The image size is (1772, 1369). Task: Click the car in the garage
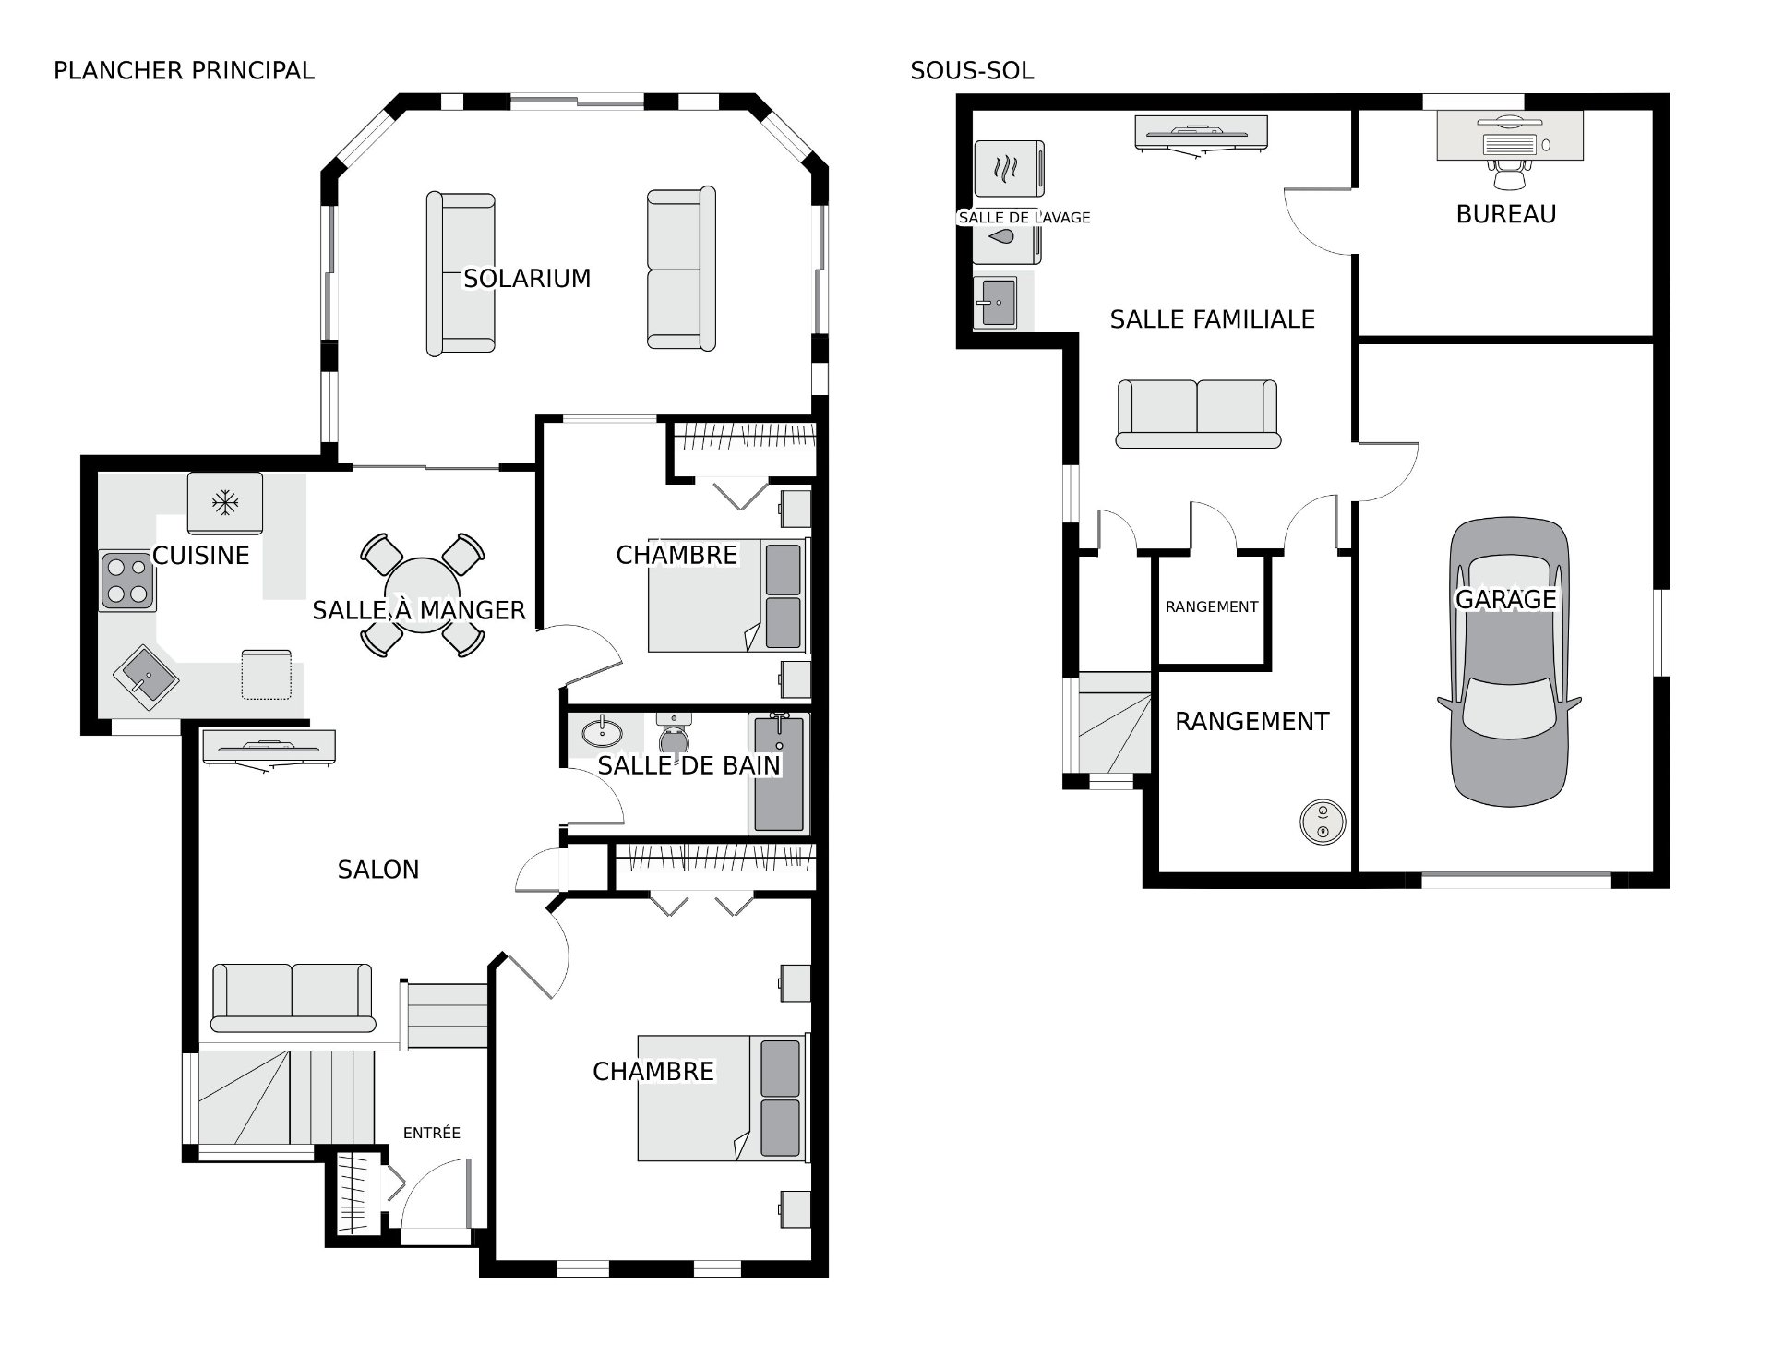[x=1509, y=661]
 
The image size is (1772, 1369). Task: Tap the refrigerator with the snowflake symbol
[x=225, y=503]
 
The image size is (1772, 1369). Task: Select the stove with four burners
[x=127, y=580]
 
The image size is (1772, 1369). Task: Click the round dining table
[x=422, y=595]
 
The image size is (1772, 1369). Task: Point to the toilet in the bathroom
[x=674, y=733]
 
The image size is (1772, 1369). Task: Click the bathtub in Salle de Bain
[x=780, y=774]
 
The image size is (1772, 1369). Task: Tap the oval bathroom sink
[x=603, y=732]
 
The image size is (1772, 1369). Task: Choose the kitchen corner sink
[x=146, y=677]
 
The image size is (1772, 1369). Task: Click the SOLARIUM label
[x=527, y=278]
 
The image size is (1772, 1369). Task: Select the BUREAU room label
[x=1506, y=214]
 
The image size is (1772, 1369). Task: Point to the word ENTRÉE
[x=432, y=1133]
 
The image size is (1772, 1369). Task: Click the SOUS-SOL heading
[x=972, y=70]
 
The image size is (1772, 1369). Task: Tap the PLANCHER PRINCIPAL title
[x=184, y=70]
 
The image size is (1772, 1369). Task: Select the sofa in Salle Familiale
[x=1198, y=414]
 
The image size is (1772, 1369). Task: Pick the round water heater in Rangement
[x=1323, y=821]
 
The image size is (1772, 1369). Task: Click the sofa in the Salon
[x=293, y=997]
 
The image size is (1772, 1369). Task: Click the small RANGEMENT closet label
[x=1212, y=606]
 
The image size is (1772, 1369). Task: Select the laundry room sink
[x=996, y=302]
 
